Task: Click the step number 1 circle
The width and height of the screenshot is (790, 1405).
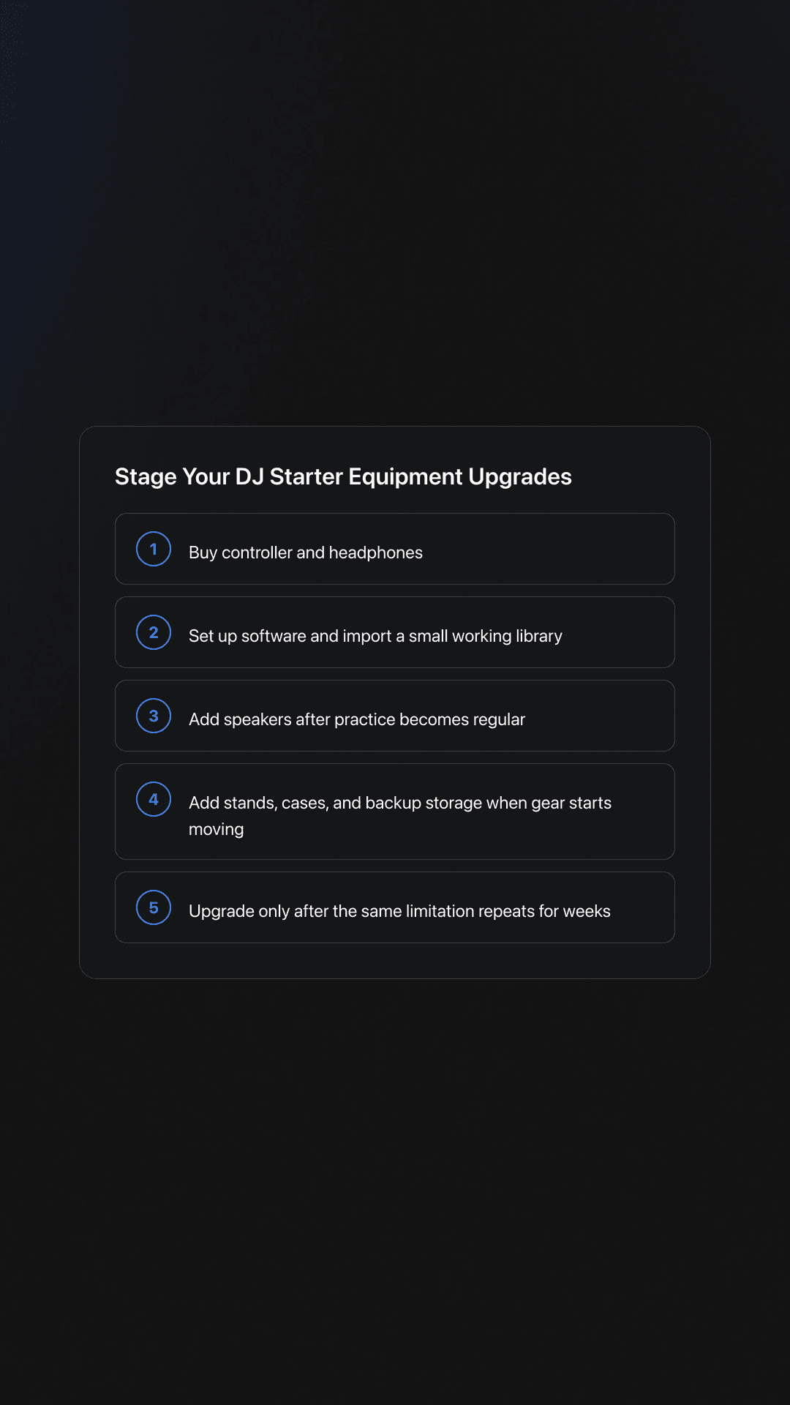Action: coord(154,549)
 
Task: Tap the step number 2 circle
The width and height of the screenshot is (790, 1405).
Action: coord(154,632)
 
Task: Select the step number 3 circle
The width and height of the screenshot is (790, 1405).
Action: coord(154,716)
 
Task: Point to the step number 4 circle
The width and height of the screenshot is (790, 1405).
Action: coord(154,799)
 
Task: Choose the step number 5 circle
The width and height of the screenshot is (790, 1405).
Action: coord(154,907)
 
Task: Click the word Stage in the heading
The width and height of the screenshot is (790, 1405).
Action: coord(146,477)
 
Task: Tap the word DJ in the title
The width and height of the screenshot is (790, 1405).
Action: coord(249,477)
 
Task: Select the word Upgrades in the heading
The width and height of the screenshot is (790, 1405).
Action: coord(519,477)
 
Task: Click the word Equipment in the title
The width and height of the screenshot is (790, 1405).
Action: coord(405,477)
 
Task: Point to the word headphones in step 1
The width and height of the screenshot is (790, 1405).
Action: coord(375,552)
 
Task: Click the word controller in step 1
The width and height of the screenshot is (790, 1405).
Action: coord(257,552)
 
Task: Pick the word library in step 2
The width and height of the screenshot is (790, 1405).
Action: coord(538,636)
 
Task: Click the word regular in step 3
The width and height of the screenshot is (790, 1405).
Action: coord(499,719)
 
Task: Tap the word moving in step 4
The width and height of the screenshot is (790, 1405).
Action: coord(216,829)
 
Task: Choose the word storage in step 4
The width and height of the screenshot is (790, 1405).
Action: coord(453,803)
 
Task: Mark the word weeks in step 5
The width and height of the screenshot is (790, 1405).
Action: coord(587,911)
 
